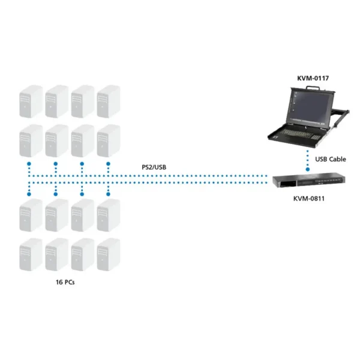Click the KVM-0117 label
[313, 78]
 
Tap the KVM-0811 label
[309, 199]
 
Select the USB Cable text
[331, 159]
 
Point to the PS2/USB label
[154, 167]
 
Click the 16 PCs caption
[65, 282]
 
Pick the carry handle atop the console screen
[313, 88]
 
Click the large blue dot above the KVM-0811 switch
[308, 169]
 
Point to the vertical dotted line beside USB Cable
[308, 158]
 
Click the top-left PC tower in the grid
[31, 101]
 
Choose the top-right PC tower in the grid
[109, 101]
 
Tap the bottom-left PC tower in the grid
[31, 254]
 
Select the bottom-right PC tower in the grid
[109, 254]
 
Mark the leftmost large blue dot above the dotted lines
[29, 164]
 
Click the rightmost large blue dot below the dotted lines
[109, 194]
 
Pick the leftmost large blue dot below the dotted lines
[29, 194]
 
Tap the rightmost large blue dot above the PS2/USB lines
[109, 164]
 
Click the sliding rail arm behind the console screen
[341, 117]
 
